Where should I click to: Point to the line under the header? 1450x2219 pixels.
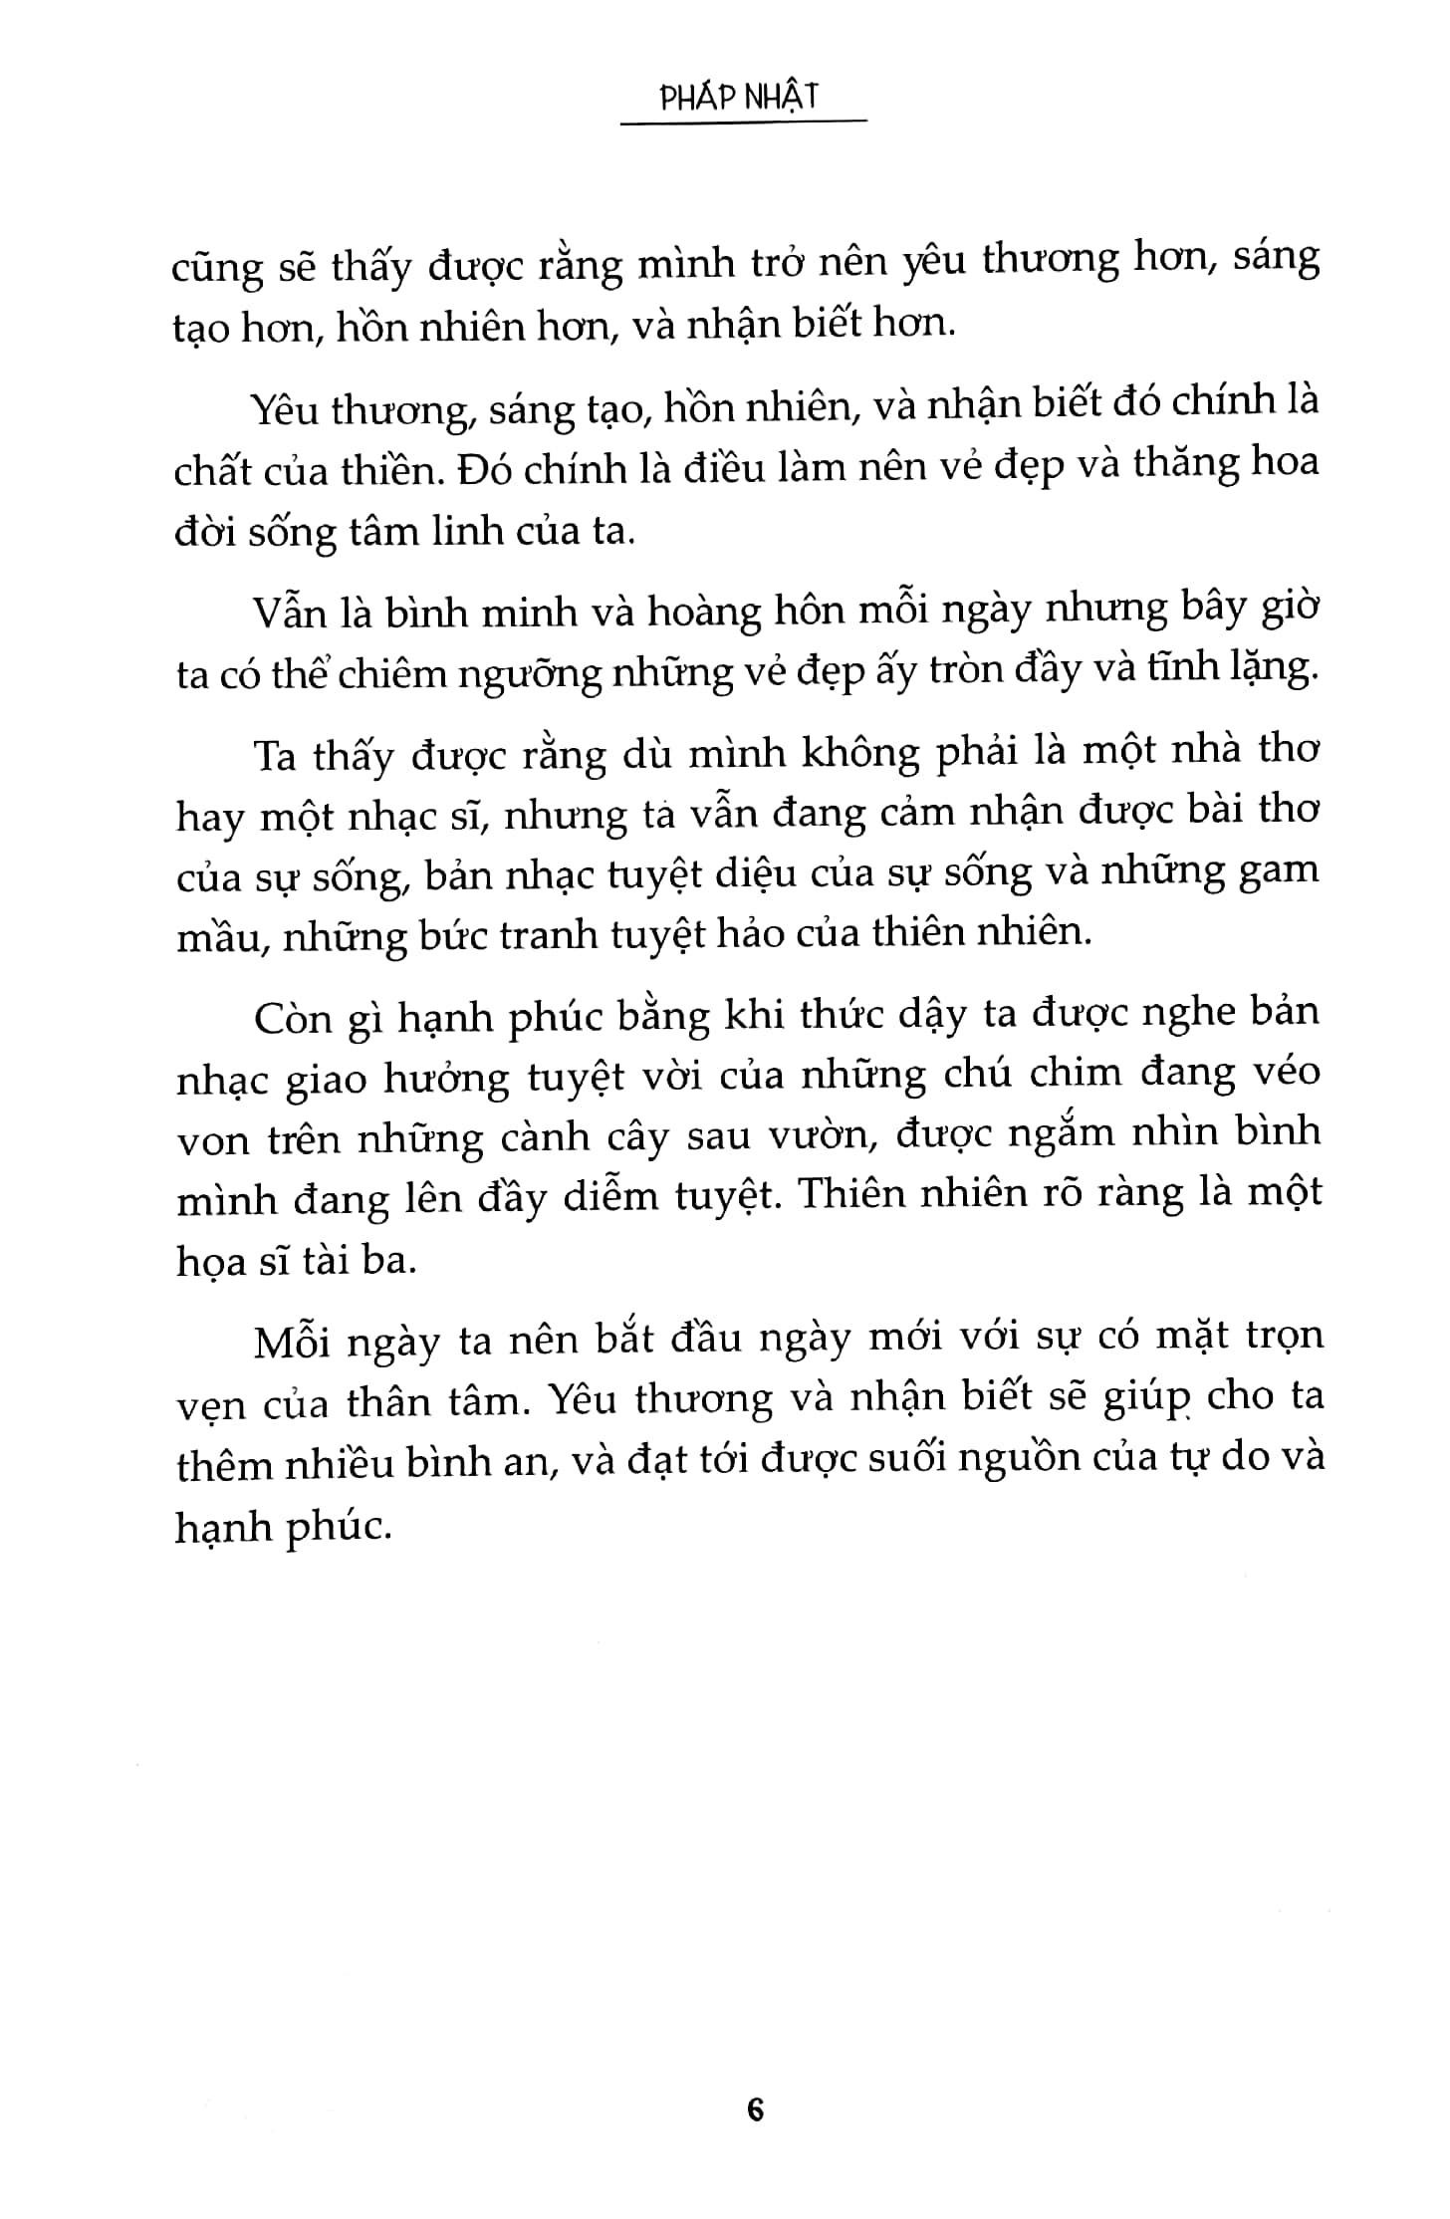pos(742,123)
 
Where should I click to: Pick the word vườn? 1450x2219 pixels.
pos(813,1135)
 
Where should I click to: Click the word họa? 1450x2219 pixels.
pos(212,1261)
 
